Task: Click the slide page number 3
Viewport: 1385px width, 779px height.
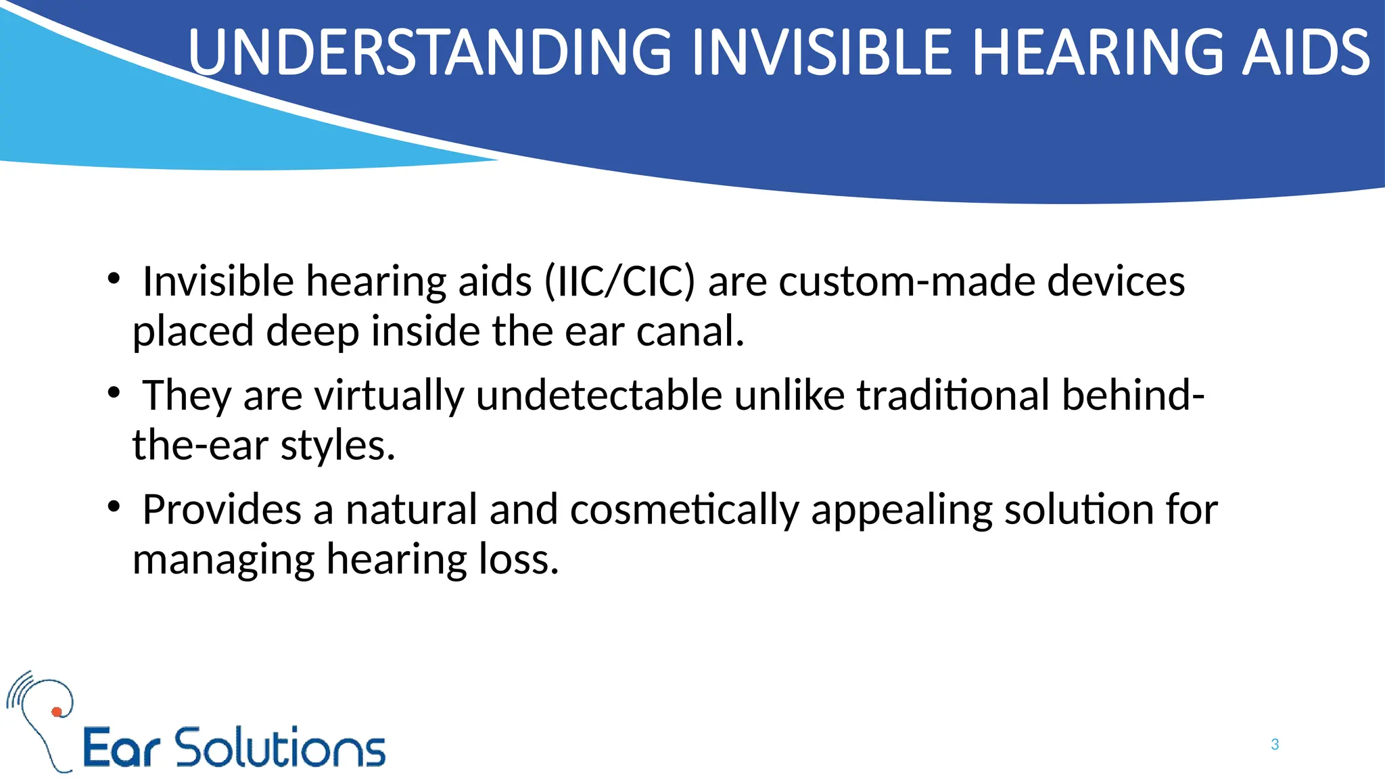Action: tap(1275, 745)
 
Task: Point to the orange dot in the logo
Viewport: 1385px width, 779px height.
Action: tap(57, 711)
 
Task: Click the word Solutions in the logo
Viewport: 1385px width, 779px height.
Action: tap(280, 748)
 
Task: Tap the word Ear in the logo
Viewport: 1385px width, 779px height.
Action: tap(121, 749)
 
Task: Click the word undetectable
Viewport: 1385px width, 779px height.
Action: tap(598, 395)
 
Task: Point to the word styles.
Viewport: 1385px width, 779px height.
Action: tap(337, 446)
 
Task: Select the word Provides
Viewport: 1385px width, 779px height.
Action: tap(221, 509)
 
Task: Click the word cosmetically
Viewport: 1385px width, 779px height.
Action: tap(684, 509)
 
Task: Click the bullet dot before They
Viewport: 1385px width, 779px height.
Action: tap(114, 392)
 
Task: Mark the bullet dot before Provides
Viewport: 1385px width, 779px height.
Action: tap(114, 506)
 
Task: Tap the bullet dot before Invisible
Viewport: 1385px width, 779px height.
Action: tap(114, 278)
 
